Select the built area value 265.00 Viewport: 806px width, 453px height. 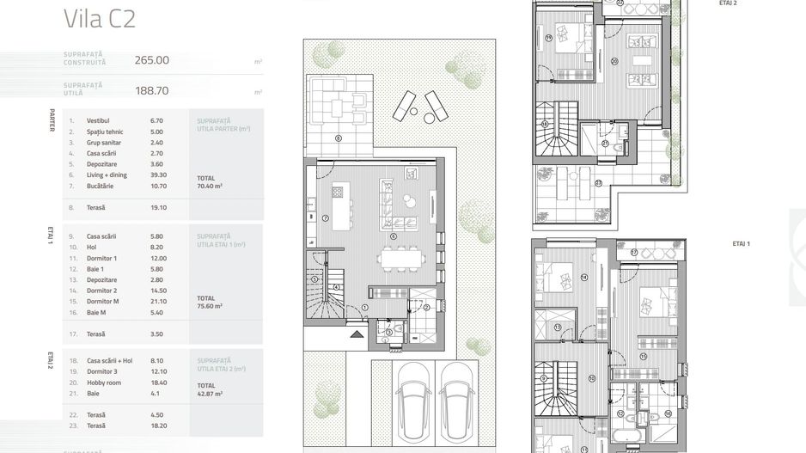[x=152, y=60]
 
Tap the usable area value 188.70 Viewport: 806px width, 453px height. [x=152, y=89]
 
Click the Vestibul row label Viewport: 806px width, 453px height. [x=99, y=121]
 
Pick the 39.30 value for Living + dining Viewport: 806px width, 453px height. [x=158, y=174]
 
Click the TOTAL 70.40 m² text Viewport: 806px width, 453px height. [x=210, y=180]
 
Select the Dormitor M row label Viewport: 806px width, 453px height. [x=102, y=302]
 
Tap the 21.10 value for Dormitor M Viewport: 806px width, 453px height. [x=158, y=302]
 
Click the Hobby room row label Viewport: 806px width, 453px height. [x=103, y=381]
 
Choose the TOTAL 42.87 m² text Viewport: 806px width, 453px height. [x=210, y=389]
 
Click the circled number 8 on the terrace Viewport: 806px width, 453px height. [x=338, y=138]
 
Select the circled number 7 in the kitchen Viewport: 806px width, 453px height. [x=327, y=218]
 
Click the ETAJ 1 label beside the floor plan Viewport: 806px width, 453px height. [x=741, y=244]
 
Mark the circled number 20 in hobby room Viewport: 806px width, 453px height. [x=614, y=62]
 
